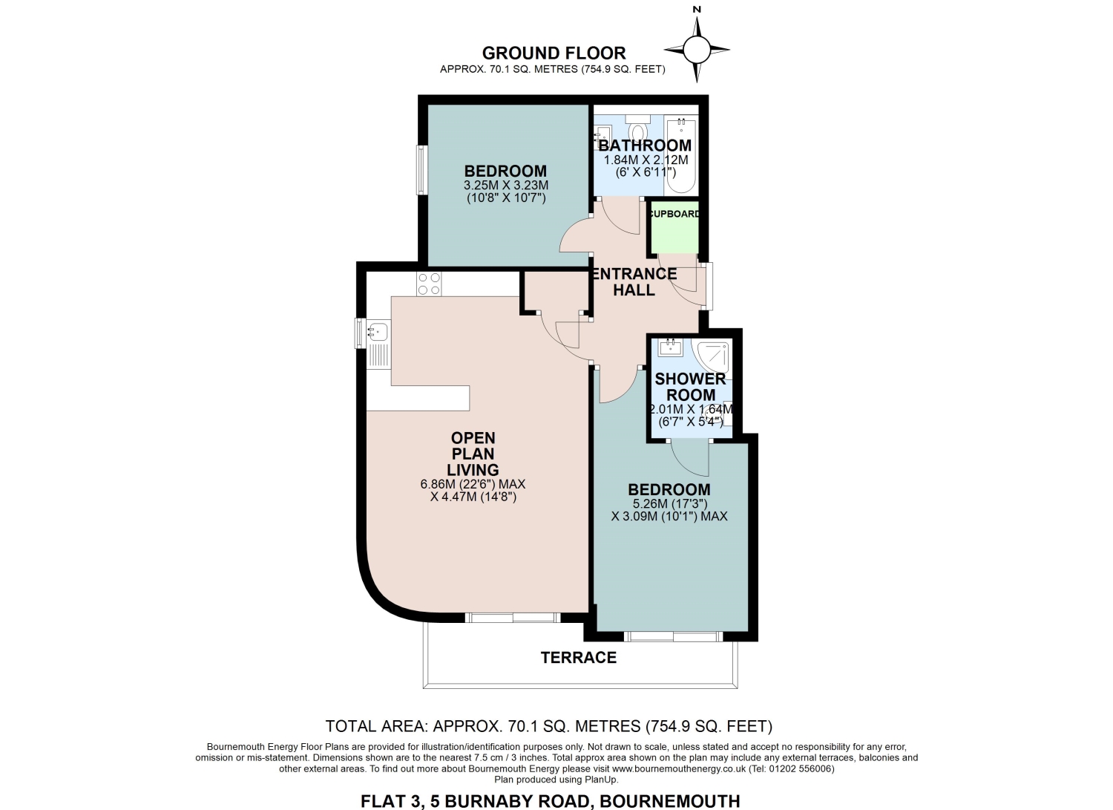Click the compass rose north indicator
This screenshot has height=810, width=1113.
[x=697, y=49]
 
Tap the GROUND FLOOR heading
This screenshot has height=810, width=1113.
[x=554, y=53]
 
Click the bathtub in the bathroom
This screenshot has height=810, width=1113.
[x=681, y=154]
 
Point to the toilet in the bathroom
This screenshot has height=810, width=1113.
[x=637, y=128]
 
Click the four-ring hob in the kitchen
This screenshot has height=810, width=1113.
[x=429, y=284]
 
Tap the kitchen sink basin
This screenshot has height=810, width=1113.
[x=378, y=331]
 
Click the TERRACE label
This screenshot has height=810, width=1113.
[x=578, y=657]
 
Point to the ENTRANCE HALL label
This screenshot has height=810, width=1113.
[x=634, y=281]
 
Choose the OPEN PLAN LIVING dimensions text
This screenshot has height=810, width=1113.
[x=473, y=490]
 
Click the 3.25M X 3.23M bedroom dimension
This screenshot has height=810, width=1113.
[x=506, y=186]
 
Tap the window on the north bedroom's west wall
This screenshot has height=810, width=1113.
[x=421, y=169]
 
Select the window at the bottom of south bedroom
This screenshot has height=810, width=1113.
[x=673, y=636]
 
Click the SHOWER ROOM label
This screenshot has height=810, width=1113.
[x=690, y=387]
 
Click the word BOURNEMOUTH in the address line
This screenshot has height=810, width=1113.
[x=670, y=801]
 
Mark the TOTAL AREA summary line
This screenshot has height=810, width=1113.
[x=548, y=726]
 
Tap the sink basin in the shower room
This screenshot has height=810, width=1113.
[x=670, y=347]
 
